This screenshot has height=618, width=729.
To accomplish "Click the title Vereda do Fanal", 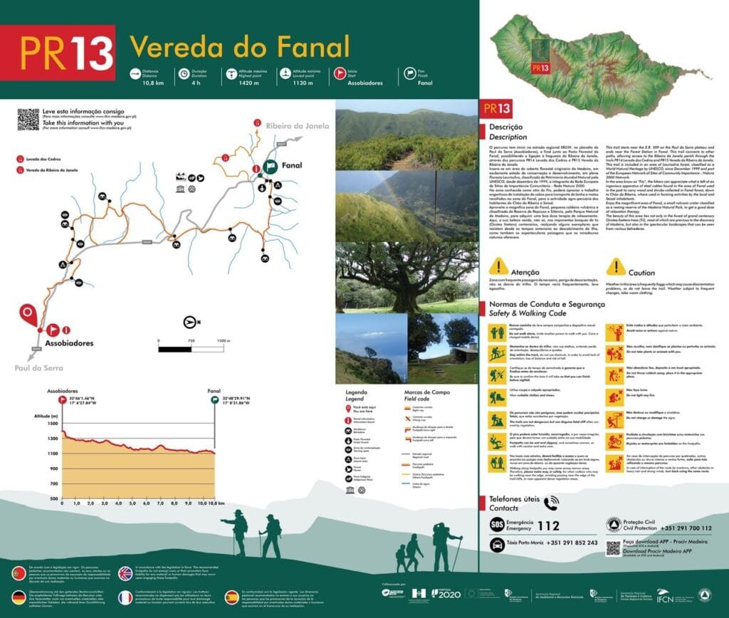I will tap(239, 47).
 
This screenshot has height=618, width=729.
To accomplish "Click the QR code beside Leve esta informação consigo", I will tap(28, 119).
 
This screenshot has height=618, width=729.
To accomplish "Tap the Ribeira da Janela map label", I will tap(298, 127).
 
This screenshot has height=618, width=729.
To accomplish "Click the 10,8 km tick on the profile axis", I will tap(206, 503).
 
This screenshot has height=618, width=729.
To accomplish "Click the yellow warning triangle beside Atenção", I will tap(499, 267).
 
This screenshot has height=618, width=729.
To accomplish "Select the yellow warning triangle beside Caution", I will tap(615, 267).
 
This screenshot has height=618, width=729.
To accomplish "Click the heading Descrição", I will tap(505, 127).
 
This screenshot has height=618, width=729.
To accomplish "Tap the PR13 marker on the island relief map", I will tap(540, 68).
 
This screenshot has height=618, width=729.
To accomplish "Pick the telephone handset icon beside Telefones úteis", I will tap(551, 503).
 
